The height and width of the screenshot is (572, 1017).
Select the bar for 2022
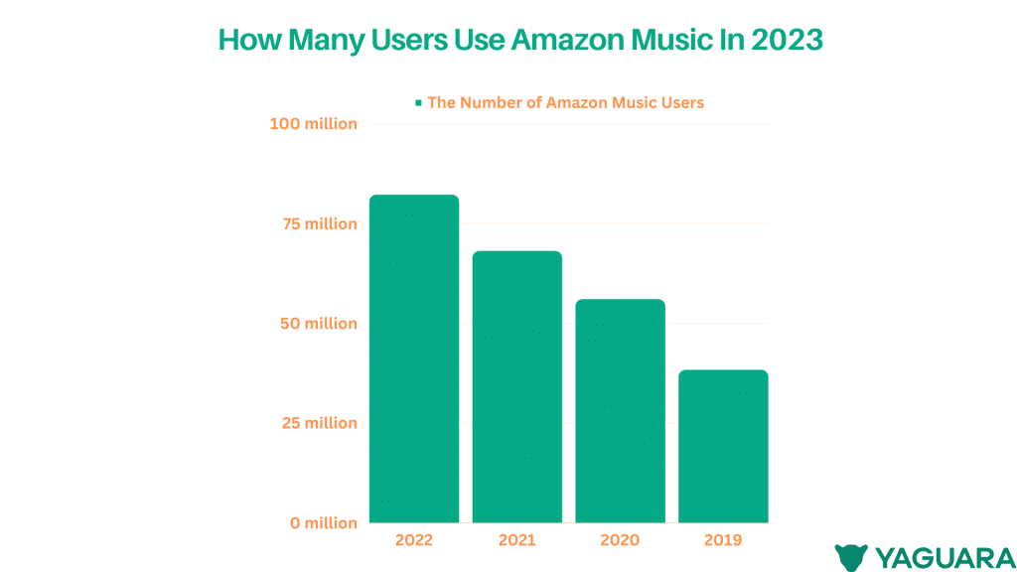point(414,358)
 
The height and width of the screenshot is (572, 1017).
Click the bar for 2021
point(516,386)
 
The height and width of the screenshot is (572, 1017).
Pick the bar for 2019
point(723,446)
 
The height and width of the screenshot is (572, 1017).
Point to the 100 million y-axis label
point(313,124)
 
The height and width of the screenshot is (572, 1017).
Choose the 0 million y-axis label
point(324,522)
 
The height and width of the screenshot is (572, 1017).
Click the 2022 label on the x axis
point(414,540)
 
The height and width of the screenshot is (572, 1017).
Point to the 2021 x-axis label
point(516,540)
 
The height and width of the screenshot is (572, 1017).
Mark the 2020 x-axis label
point(620,540)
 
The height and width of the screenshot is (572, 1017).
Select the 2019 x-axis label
point(723,540)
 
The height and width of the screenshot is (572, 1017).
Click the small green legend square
point(419,102)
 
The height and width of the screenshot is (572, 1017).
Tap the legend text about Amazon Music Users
point(565,102)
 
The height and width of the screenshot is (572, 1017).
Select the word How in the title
point(242,41)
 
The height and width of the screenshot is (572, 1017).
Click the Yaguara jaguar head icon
point(851,556)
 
